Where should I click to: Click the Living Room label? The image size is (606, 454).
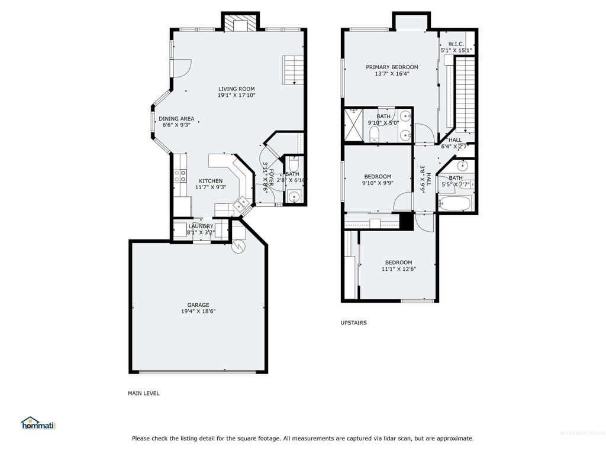pos(236,89)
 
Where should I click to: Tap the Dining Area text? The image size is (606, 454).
pos(176,119)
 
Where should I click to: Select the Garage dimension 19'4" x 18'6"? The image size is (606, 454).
pos(198,312)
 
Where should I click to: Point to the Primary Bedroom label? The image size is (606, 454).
pos(392,67)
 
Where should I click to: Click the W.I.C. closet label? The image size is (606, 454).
pos(456,44)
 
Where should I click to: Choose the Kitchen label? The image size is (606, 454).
pos(211,181)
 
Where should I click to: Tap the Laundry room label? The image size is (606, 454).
pos(201,226)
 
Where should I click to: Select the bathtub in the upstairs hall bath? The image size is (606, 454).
pos(455,205)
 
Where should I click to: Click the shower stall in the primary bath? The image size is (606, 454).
pos(353,124)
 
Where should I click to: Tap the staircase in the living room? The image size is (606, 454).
pos(293,70)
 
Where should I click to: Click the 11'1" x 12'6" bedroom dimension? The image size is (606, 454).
pos(398,269)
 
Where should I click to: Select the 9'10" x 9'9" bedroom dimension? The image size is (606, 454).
pos(378,183)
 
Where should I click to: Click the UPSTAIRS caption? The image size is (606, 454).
pos(353,323)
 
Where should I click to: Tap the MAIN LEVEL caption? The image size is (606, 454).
pos(144,393)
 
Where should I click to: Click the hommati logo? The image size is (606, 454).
pos(37,423)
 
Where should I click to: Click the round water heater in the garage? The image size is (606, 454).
pos(238,248)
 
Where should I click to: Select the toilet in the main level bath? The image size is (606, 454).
pos(294,166)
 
